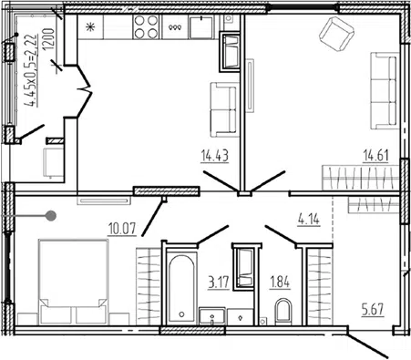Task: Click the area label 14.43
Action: point(214,156)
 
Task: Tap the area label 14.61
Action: point(376,156)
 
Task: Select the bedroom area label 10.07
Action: point(122,229)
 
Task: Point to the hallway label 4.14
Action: point(309,219)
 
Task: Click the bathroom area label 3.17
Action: point(219,282)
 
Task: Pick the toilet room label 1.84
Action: point(280,282)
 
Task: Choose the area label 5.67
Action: point(373,310)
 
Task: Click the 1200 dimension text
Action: point(48,39)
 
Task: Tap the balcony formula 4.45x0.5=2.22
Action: point(32,70)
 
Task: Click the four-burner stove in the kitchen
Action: point(146,26)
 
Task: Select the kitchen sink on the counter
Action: point(201,27)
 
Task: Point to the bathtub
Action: point(181,288)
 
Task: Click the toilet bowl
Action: point(283,312)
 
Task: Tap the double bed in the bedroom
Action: point(73,282)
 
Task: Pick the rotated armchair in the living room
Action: point(337,34)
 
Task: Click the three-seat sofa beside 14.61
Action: point(385,90)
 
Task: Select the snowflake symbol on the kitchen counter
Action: point(90,27)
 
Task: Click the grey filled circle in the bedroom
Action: point(51,216)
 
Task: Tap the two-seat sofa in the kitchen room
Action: point(223,109)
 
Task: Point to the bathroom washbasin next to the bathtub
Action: point(212,316)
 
